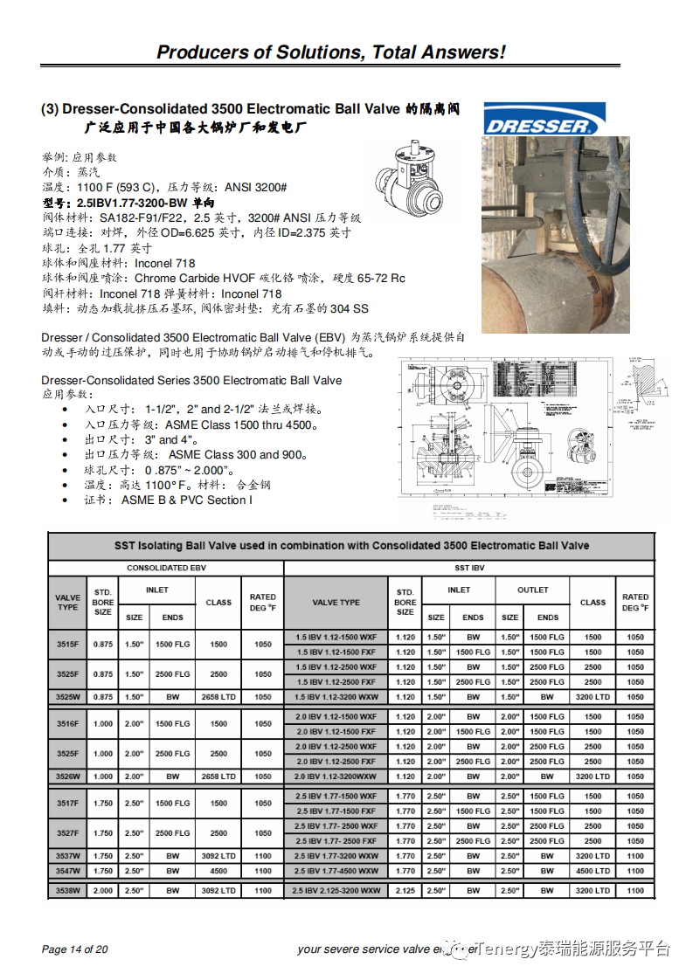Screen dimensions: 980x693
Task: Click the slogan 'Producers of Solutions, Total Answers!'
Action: (330, 52)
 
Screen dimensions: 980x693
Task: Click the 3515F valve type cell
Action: (67, 645)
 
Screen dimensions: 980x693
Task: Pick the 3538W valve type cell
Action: (67, 891)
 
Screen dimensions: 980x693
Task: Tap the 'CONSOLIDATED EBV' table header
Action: (166, 568)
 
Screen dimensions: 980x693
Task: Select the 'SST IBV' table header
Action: (469, 568)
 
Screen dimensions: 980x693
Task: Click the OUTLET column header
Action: (532, 590)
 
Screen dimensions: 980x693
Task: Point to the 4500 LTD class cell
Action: (593, 871)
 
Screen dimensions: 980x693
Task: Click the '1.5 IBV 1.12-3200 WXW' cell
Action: (336, 697)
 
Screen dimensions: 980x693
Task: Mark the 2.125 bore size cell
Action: (405, 891)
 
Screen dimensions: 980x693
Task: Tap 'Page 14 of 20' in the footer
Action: (75, 949)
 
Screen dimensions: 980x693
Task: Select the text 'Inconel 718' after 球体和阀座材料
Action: (165, 263)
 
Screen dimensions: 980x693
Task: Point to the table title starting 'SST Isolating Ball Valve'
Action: (351, 546)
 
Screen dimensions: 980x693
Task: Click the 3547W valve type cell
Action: (67, 871)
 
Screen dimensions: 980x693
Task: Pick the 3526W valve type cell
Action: (67, 776)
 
